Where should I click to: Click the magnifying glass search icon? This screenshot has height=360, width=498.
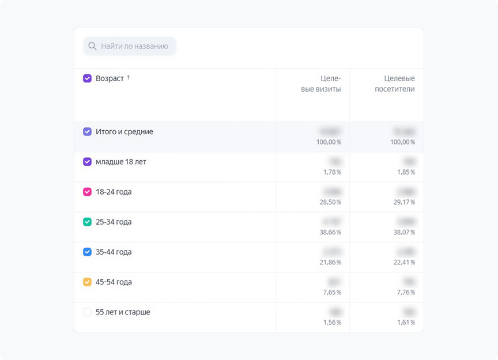[x=92, y=46]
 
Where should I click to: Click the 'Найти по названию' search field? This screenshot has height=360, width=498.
[x=134, y=46]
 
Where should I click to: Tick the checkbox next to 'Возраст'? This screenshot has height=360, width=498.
[x=87, y=78]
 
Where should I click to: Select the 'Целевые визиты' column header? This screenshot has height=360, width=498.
[x=321, y=84]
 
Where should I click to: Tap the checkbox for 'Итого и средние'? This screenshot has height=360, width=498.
[x=87, y=132]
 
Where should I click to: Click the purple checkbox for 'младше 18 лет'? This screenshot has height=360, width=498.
[x=87, y=162]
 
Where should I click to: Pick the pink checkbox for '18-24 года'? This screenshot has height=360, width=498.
[x=87, y=192]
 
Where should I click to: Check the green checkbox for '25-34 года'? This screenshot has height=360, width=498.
[x=87, y=222]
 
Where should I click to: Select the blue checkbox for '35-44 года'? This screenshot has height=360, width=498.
[x=87, y=252]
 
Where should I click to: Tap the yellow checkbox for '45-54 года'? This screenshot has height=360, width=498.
[x=87, y=282]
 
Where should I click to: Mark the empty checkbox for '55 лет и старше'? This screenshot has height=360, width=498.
[x=87, y=312]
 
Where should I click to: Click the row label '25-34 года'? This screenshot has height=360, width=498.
[x=114, y=222]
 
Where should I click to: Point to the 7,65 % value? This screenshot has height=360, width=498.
[x=331, y=292]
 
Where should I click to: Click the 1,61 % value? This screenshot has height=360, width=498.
[x=405, y=322]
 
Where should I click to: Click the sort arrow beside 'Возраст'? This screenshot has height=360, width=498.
[x=128, y=77]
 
